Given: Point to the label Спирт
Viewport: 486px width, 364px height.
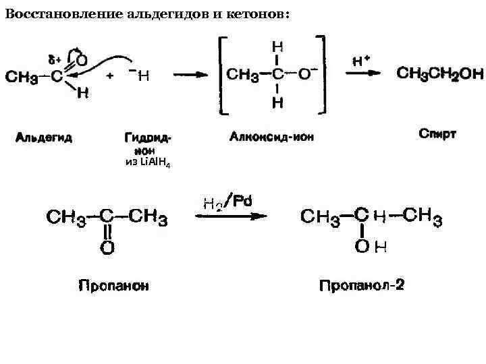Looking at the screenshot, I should click(437, 134).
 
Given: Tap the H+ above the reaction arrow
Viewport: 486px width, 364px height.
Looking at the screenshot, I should click(362, 60).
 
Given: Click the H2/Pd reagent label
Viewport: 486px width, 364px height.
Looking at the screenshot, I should click(227, 202).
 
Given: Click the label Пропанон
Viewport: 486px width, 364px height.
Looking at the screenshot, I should click(114, 285).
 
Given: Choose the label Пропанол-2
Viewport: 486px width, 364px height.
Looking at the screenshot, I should click(362, 285).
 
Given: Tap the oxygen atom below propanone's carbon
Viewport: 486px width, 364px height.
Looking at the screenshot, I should click(107, 247).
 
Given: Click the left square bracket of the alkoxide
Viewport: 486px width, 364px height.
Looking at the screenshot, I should click(220, 74).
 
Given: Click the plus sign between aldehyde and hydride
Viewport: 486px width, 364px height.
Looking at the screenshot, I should click(110, 75).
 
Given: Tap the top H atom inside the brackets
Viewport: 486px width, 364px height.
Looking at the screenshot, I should click(277, 47).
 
